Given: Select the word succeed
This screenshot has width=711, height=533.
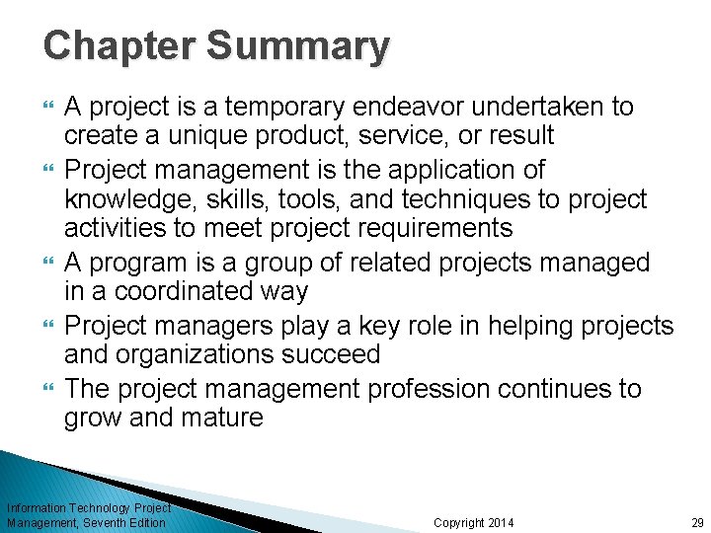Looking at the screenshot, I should [324, 354].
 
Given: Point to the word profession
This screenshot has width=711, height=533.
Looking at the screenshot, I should [430, 389].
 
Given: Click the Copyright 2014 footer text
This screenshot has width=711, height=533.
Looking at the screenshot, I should [474, 522].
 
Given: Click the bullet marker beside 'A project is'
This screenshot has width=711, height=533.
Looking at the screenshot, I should [50, 107].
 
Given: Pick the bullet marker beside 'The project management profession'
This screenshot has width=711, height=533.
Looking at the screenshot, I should [50, 389].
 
